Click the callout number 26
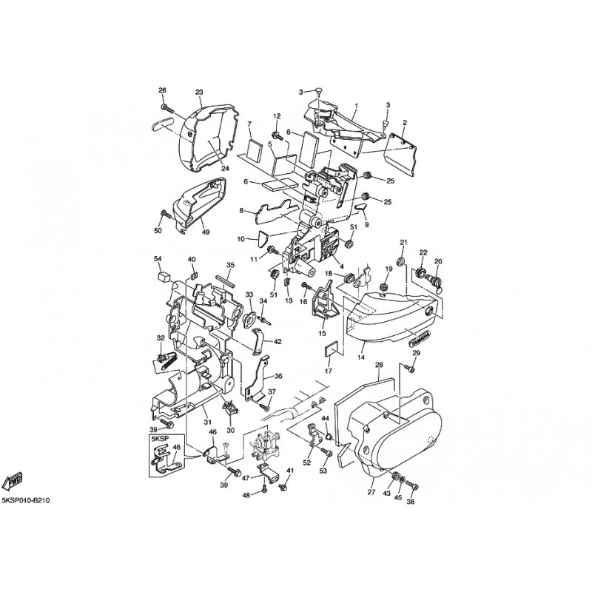163,90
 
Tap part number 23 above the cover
199,92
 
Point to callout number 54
158,258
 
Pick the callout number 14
362,357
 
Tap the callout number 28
379,366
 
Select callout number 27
371,491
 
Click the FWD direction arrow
13,482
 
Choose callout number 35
230,265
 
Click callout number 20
438,261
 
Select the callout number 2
405,122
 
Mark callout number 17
329,371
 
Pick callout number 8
241,211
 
